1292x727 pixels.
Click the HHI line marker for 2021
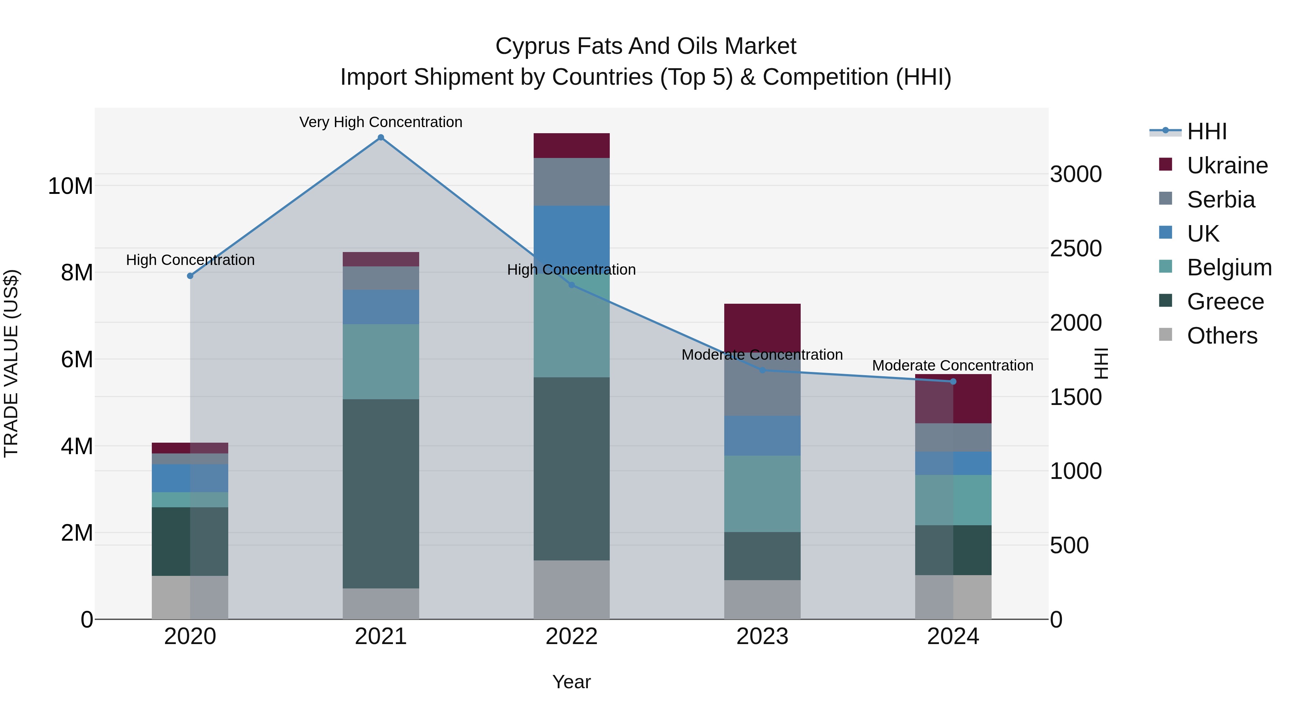coord(381,138)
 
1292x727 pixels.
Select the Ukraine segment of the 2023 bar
coord(762,327)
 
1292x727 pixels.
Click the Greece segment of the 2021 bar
coord(381,493)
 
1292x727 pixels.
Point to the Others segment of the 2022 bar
coord(571,589)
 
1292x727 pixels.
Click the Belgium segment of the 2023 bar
coord(762,494)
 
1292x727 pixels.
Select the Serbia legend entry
coord(1220,200)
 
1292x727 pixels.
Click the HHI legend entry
coord(1206,131)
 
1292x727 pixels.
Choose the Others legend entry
coord(1222,336)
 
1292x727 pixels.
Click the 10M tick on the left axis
coord(70,186)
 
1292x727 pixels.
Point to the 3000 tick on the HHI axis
coord(1076,174)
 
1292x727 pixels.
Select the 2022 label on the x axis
coord(571,637)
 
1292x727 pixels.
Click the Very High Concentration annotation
coord(381,122)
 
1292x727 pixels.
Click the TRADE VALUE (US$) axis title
coord(11,363)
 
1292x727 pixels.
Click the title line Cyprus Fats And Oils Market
coord(646,46)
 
